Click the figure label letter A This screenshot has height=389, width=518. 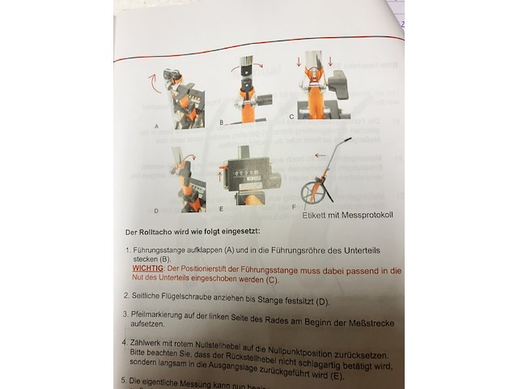click(155, 127)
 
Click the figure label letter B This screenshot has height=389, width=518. click(220, 122)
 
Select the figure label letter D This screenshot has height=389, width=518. click(155, 211)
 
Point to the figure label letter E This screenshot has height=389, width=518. click(221, 208)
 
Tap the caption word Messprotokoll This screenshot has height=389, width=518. click(366, 216)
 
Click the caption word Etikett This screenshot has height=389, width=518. click(317, 216)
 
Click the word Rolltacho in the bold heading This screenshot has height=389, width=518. click(152, 233)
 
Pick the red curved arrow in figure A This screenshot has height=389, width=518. click(151, 80)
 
